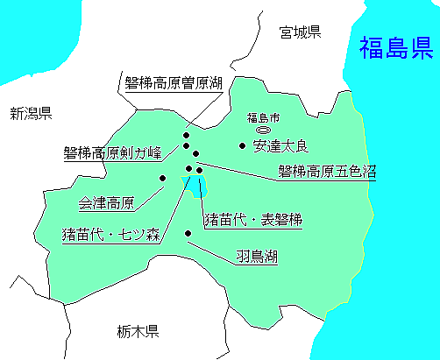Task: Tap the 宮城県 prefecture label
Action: pos(300,33)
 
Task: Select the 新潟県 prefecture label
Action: pos(32,113)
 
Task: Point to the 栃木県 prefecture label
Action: pos(137,331)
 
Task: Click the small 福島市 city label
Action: pos(262,117)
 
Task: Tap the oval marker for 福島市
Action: pos(262,129)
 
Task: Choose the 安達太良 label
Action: pos(281,145)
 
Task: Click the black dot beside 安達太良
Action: pos(243,145)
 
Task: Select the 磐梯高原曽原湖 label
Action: pos(174,84)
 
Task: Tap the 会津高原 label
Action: pos(106,203)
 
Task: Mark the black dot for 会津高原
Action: pos(162,178)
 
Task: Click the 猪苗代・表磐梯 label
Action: pos(252,220)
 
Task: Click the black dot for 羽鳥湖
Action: pos(188,233)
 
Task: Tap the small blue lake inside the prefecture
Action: pos(193,185)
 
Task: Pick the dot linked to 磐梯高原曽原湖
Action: pos(186,136)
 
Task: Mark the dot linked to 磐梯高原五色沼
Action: pos(200,169)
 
